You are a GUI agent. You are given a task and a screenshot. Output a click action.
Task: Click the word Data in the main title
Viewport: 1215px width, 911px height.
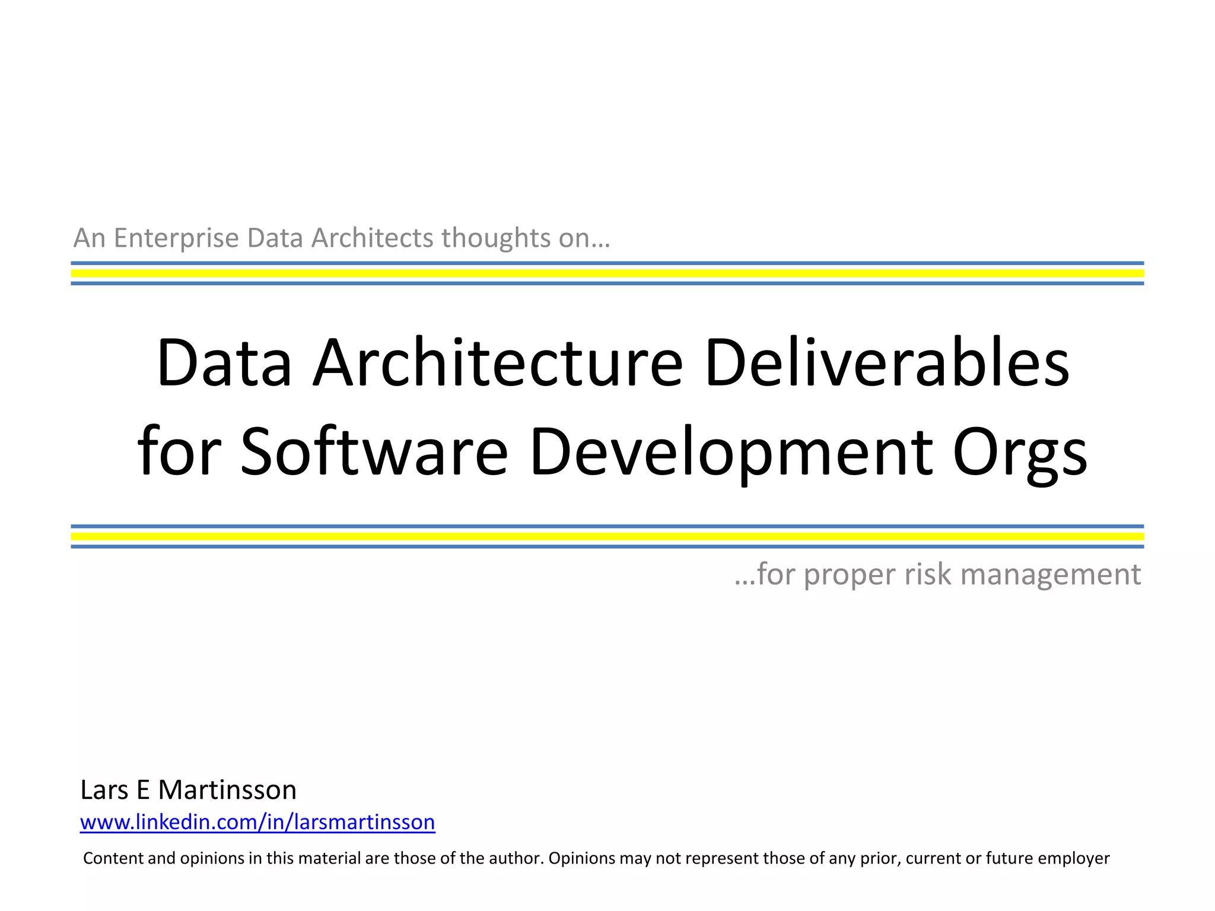point(224,363)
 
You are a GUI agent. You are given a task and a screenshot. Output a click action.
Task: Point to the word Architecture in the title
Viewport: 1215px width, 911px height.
point(498,363)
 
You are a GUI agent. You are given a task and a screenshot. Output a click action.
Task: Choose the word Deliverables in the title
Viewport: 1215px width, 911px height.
point(887,363)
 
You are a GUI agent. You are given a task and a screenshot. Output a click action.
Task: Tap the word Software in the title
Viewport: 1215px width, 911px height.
point(374,452)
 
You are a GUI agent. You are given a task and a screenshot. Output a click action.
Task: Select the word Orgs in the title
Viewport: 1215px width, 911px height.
point(1020,452)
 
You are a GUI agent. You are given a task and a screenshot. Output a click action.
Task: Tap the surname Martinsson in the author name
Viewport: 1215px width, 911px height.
point(227,790)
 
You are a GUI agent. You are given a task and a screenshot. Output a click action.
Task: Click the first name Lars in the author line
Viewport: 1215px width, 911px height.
point(104,790)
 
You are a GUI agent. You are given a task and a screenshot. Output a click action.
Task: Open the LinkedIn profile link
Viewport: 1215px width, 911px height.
point(257,822)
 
